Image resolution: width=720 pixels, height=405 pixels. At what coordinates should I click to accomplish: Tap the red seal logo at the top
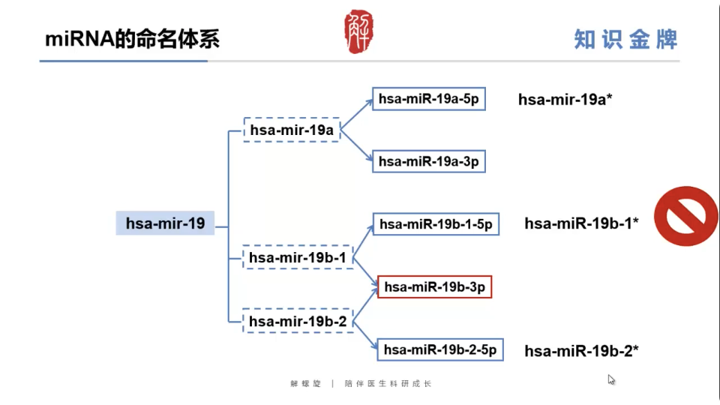[x=358, y=31]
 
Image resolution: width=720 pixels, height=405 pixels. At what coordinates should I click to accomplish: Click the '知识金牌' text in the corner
[x=625, y=39]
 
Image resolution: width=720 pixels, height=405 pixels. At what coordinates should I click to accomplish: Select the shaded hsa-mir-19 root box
[x=165, y=223]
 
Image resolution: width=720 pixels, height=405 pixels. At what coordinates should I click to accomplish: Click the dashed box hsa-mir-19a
[x=292, y=130]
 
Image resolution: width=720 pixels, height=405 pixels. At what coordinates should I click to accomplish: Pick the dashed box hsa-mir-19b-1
[x=297, y=257]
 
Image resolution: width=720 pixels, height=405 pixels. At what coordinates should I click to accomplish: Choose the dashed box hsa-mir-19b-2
[x=298, y=321]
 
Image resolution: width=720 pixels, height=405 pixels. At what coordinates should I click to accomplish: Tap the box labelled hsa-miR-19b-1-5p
[x=436, y=223]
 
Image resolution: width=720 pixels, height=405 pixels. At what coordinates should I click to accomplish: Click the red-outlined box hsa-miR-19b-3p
[x=434, y=286]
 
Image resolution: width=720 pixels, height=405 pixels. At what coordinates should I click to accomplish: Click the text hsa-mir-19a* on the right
[x=565, y=99]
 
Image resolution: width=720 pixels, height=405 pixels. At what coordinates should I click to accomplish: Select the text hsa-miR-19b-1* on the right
[x=581, y=223]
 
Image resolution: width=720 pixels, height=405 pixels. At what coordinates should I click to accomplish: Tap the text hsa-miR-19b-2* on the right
[x=581, y=350]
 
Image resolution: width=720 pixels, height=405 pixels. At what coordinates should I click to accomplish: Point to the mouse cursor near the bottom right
[x=611, y=379]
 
